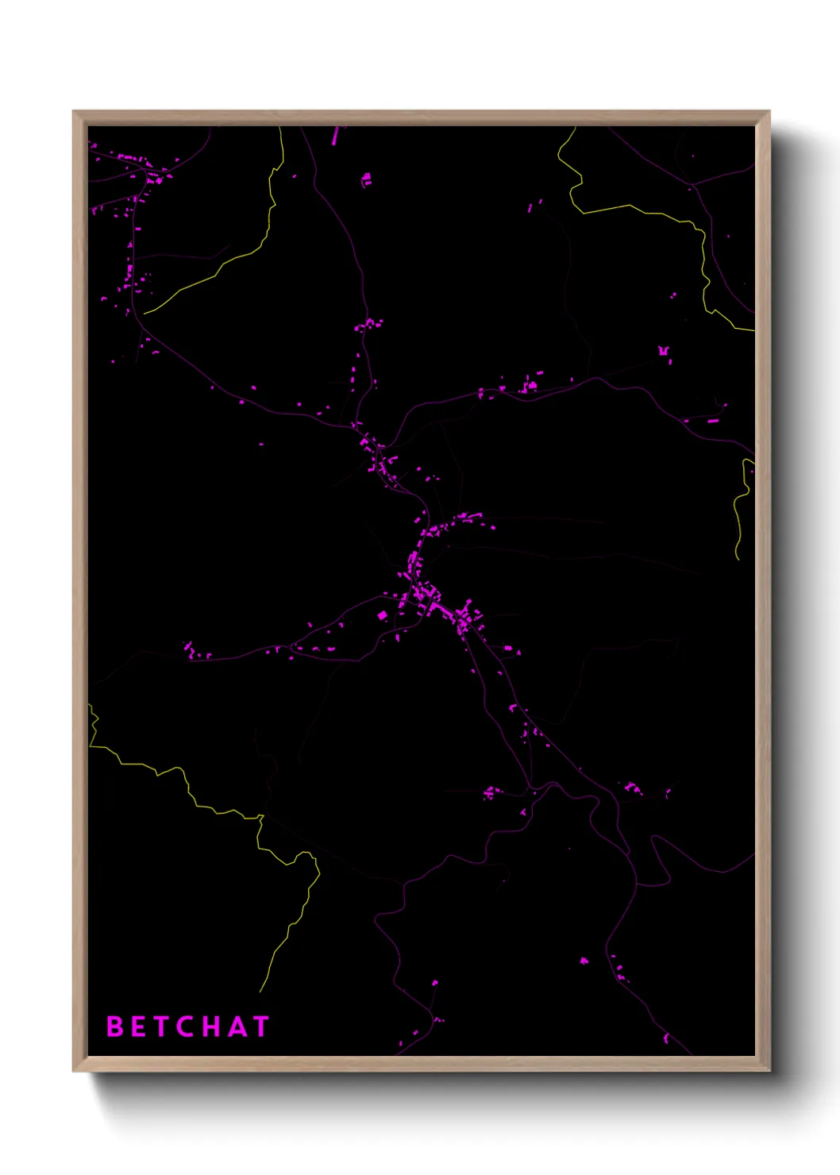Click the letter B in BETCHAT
pyautogui.click(x=115, y=1027)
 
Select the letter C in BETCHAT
pyautogui.click(x=186, y=1027)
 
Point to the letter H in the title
pyautogui.click(x=210, y=1027)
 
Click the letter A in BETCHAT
pyautogui.click(x=235, y=1027)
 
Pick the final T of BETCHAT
pyautogui.click(x=260, y=1027)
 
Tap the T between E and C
pyautogui.click(x=160, y=1027)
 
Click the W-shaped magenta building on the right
pyautogui.click(x=664, y=350)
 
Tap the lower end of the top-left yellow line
pyautogui.click(x=145, y=313)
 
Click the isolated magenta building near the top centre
pyautogui.click(x=367, y=179)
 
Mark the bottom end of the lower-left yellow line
pyautogui.click(x=260, y=991)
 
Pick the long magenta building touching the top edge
pyautogui.click(x=335, y=136)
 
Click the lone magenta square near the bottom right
pyautogui.click(x=584, y=961)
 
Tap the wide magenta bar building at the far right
pyautogui.click(x=712, y=420)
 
